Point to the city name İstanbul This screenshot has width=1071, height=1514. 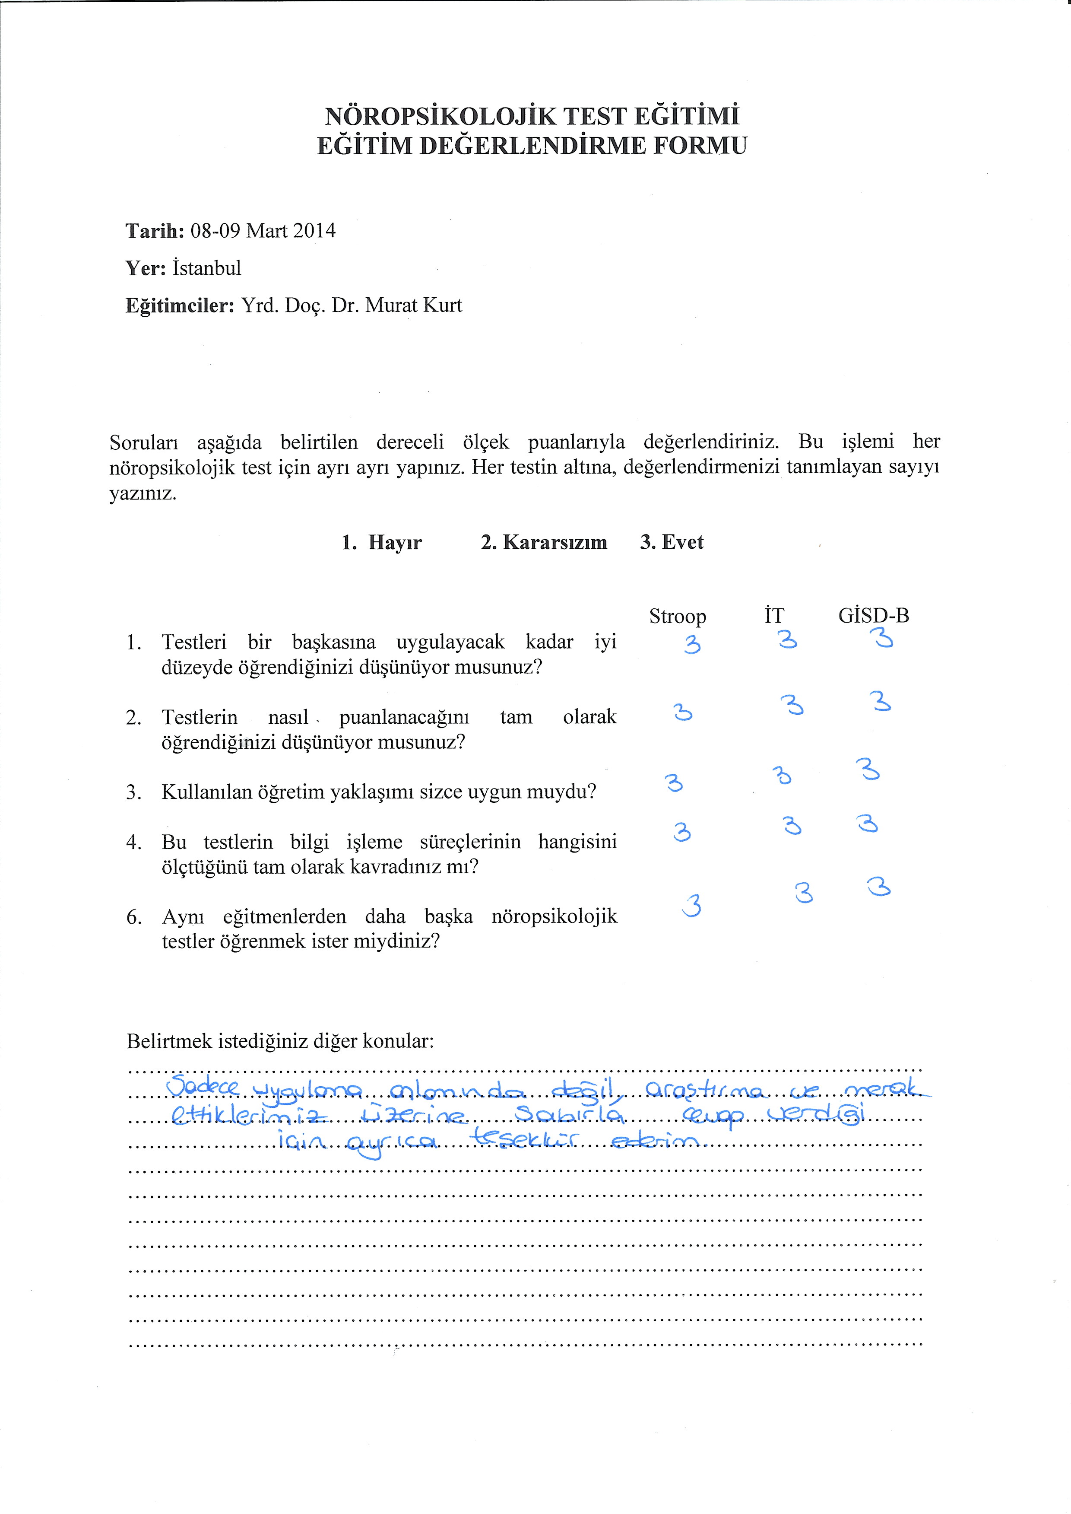(x=206, y=268)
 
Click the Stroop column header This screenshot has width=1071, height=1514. (x=677, y=616)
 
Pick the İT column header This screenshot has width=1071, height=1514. (x=774, y=616)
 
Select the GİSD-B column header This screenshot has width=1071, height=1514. (x=873, y=616)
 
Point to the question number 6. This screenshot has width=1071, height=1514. (x=133, y=917)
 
